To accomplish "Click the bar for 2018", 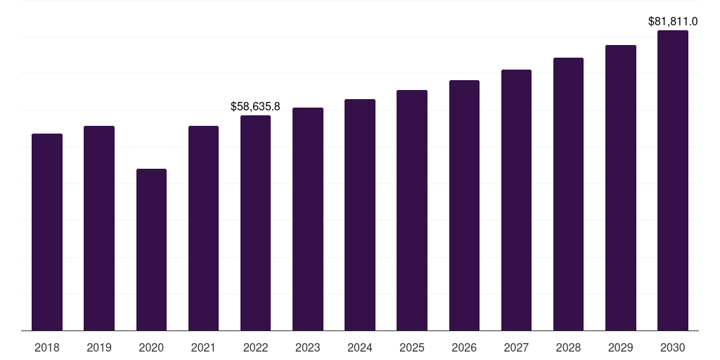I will (x=47, y=232).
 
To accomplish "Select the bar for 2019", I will (x=99, y=229).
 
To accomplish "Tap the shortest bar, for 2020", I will (x=151, y=250).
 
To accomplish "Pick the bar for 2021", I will (x=203, y=229).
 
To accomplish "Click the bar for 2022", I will (x=255, y=223).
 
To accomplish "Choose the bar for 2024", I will (x=360, y=214).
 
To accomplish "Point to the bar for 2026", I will (x=464, y=205).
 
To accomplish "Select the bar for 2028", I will (x=568, y=194).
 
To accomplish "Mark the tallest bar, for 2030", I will (x=673, y=180).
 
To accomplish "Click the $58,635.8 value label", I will (x=255, y=107).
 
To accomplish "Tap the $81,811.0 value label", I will (x=673, y=22).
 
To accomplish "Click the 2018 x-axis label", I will (x=47, y=347).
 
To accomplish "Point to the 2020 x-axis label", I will (x=151, y=347).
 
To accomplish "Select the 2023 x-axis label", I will (x=308, y=347).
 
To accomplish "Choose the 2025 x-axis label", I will (x=412, y=347).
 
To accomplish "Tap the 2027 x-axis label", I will (x=516, y=347).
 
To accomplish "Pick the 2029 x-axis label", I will (x=620, y=347).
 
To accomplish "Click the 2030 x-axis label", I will (x=673, y=347).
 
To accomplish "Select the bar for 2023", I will (x=308, y=219).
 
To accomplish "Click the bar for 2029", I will (x=620, y=188).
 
